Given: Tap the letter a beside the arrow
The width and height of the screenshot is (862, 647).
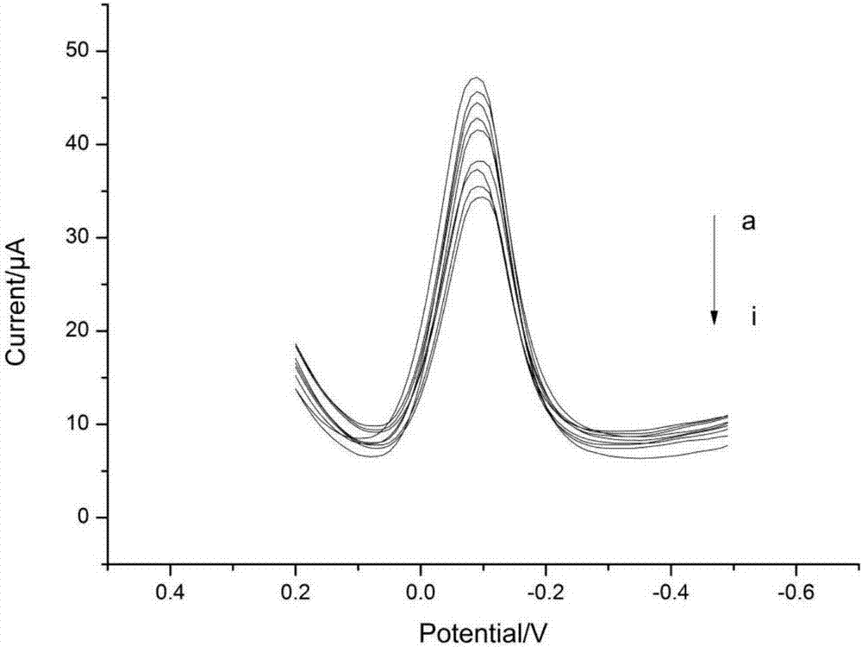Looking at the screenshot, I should point(749,223).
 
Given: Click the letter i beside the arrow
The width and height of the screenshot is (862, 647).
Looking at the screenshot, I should point(753,317).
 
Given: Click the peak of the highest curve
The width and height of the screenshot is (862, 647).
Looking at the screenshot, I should point(476,78).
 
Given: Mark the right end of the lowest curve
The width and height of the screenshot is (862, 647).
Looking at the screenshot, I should point(727,446).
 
